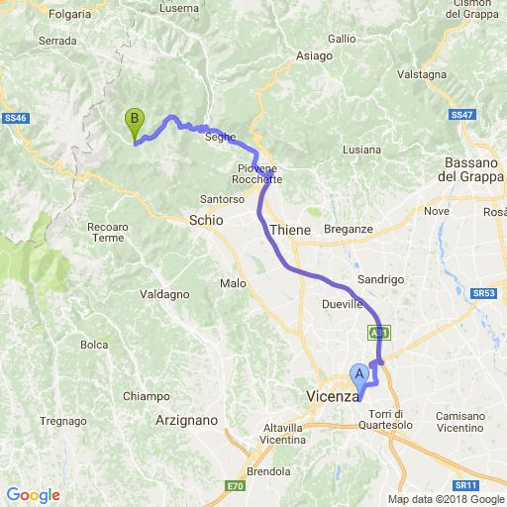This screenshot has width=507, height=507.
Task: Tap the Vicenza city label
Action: (332, 396)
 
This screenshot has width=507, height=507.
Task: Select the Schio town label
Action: (206, 221)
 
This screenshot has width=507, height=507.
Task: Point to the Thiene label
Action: (290, 230)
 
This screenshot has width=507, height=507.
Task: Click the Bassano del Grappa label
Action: (469, 169)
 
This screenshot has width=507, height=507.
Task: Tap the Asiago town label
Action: (314, 56)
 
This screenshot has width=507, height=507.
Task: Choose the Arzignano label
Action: (187, 420)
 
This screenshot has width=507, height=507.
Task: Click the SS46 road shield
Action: (14, 119)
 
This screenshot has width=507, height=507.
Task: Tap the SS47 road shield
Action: (462, 115)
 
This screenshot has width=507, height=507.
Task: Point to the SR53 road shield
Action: (483, 293)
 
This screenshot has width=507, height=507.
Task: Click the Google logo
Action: (33, 495)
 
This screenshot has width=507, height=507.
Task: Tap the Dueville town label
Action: (343, 304)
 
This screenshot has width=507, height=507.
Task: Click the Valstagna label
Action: (423, 74)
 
